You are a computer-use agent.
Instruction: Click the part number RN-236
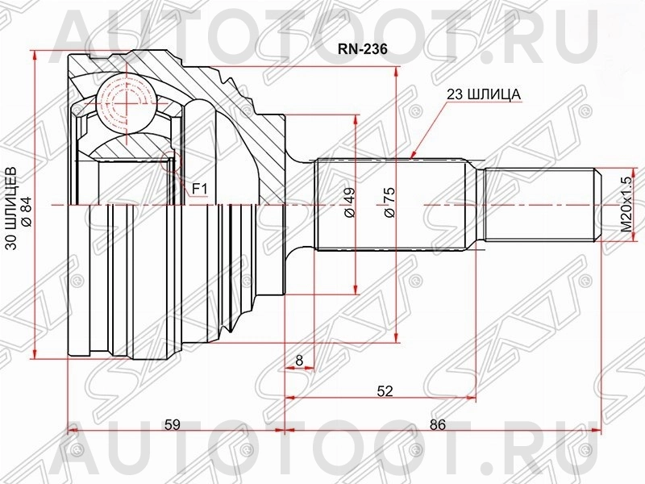pos(362,48)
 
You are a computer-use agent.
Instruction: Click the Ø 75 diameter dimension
pos(388,202)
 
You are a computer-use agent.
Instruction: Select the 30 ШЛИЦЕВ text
pos(11,210)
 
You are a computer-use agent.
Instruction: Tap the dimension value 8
pos(299,361)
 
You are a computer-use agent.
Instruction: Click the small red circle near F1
pos(169,158)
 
